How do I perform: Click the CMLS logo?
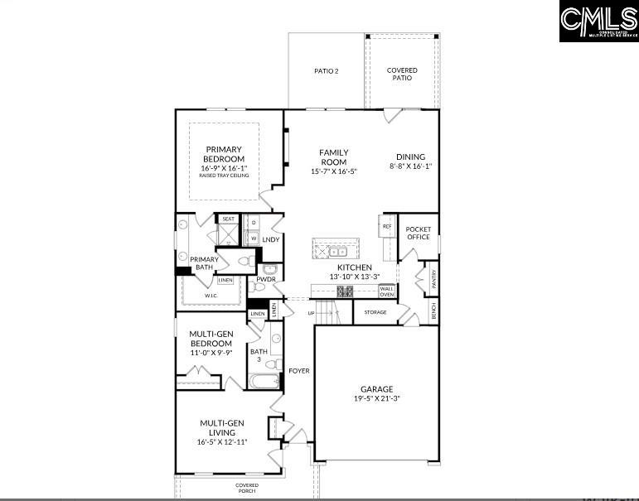pyautogui.click(x=598, y=22)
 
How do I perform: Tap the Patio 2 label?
pyautogui.click(x=326, y=71)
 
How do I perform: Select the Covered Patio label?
pyautogui.click(x=402, y=74)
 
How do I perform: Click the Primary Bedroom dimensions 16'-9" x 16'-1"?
pyautogui.click(x=224, y=168)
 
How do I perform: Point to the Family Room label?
pyautogui.click(x=334, y=157)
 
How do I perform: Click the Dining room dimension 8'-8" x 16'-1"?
pyautogui.click(x=410, y=166)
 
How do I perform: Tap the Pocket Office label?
pyautogui.click(x=419, y=233)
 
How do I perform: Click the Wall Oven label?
pyautogui.click(x=387, y=291)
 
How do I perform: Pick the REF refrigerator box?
pyautogui.click(x=387, y=225)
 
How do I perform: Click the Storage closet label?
pyautogui.click(x=375, y=312)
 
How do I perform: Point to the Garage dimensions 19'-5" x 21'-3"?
pyautogui.click(x=376, y=398)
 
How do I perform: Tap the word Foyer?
pyautogui.click(x=299, y=371)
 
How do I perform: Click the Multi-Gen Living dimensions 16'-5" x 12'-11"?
pyautogui.click(x=222, y=441)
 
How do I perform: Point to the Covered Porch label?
pyautogui.click(x=247, y=489)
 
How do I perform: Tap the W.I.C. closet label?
pyautogui.click(x=211, y=295)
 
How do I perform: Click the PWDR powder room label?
pyautogui.click(x=266, y=280)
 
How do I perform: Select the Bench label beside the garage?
pyautogui.click(x=433, y=311)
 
